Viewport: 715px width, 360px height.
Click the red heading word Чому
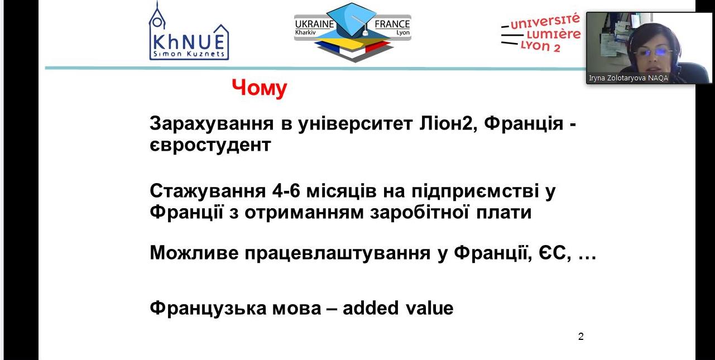tap(259, 88)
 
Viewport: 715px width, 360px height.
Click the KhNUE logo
tap(189, 31)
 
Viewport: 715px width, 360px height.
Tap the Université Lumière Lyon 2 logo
tap(541, 32)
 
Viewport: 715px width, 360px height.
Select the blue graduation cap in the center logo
tap(352, 20)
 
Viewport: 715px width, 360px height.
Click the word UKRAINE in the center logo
tap(314, 24)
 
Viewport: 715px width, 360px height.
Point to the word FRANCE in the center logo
tap(392, 24)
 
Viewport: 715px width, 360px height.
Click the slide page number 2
tap(581, 337)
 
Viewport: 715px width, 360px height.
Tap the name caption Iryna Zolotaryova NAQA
tap(628, 78)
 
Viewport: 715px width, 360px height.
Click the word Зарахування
tap(212, 123)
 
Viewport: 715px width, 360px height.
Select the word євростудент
tap(210, 145)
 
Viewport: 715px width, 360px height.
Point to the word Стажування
tap(208, 191)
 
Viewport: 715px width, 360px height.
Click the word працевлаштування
tap(338, 254)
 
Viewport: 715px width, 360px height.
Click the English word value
tap(429, 308)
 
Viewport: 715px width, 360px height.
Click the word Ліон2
tap(448, 123)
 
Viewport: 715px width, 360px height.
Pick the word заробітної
tap(419, 213)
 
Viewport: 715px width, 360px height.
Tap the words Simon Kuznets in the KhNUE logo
tap(189, 54)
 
